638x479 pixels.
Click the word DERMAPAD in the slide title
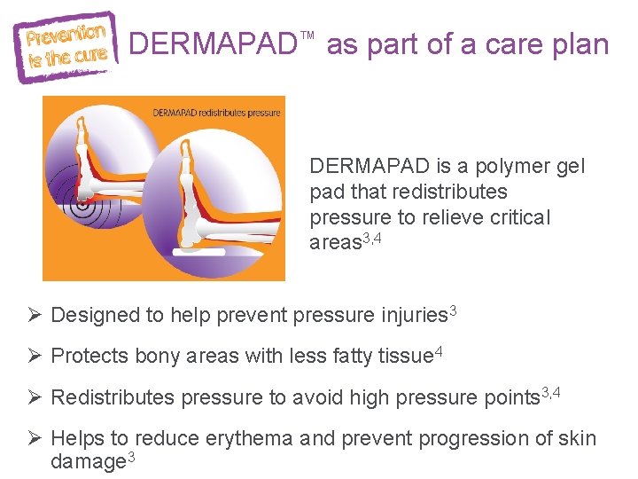tap(214, 45)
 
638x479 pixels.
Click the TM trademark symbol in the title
tap(307, 35)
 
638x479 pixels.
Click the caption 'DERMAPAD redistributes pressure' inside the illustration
tap(216, 113)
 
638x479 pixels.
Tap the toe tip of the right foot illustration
tap(187, 143)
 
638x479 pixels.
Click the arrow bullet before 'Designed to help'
tap(35, 315)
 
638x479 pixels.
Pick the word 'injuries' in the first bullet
tap(414, 315)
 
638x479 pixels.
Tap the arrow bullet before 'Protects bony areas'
tap(35, 356)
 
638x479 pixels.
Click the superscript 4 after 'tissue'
tap(438, 352)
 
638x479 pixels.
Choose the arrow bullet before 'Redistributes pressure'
tap(35, 397)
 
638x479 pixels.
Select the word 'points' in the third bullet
tap(512, 397)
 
